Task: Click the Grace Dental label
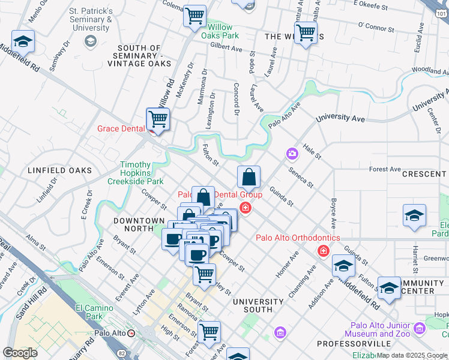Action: (x=122, y=128)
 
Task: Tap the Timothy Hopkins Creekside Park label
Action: (x=135, y=173)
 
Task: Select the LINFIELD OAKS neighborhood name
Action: (x=60, y=170)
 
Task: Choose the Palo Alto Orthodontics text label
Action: (x=298, y=238)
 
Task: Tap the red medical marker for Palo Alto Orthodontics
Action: (x=324, y=250)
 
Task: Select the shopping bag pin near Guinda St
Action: (x=249, y=177)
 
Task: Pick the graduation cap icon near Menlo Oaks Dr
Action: (x=23, y=41)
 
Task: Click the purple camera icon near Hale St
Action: (x=292, y=154)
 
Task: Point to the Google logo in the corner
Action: (x=20, y=353)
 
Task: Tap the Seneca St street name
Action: (x=300, y=176)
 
